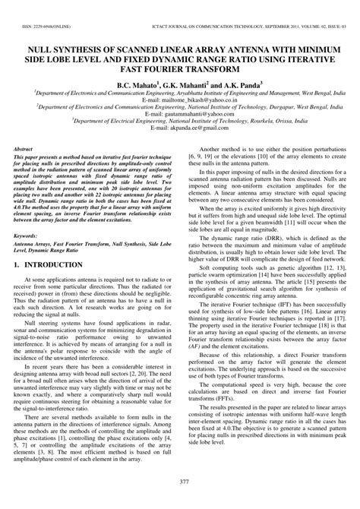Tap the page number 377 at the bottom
179,482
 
